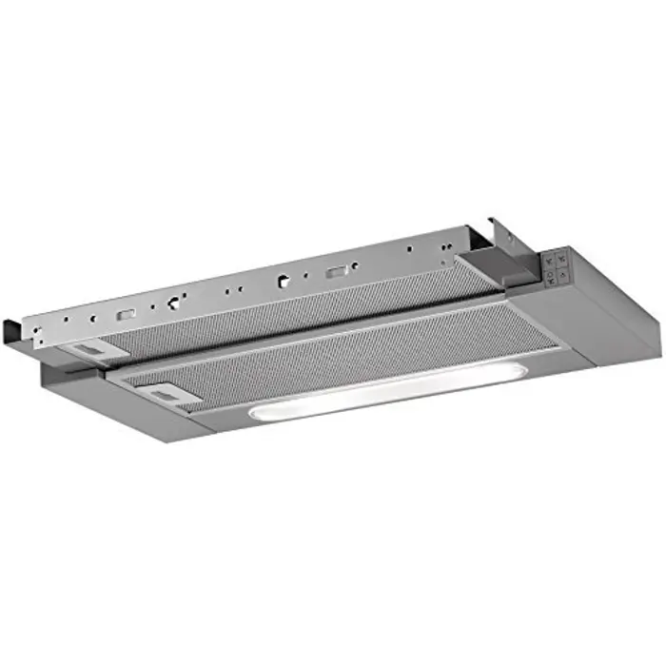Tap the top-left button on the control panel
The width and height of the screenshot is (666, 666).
click(x=549, y=258)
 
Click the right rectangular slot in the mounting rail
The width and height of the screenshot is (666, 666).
click(x=335, y=273)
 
